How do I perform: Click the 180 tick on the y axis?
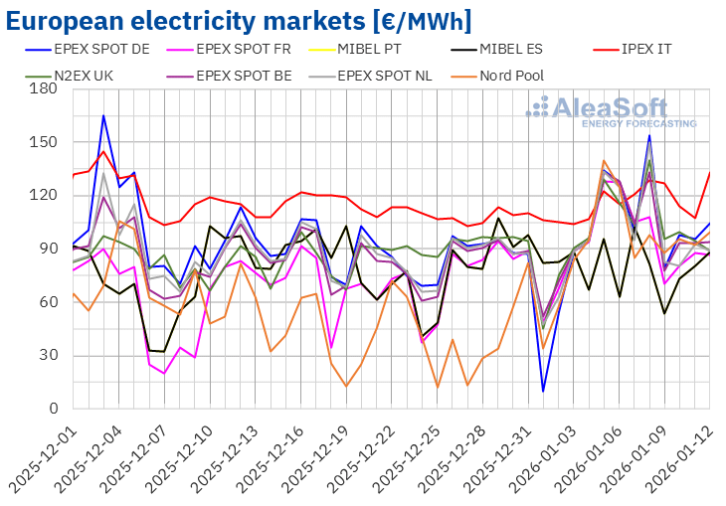45,89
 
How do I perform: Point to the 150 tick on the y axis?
45,142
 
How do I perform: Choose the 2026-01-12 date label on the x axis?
696,457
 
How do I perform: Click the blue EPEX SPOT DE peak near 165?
103,115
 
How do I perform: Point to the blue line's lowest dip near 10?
543,391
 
